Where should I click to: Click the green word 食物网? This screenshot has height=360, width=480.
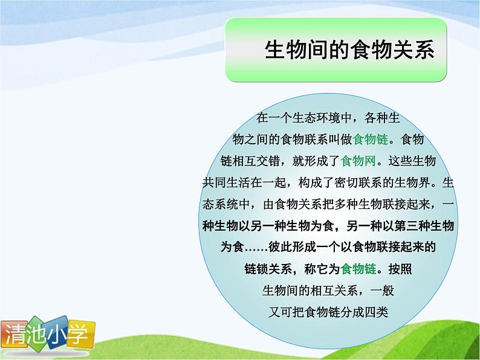pos(358,161)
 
